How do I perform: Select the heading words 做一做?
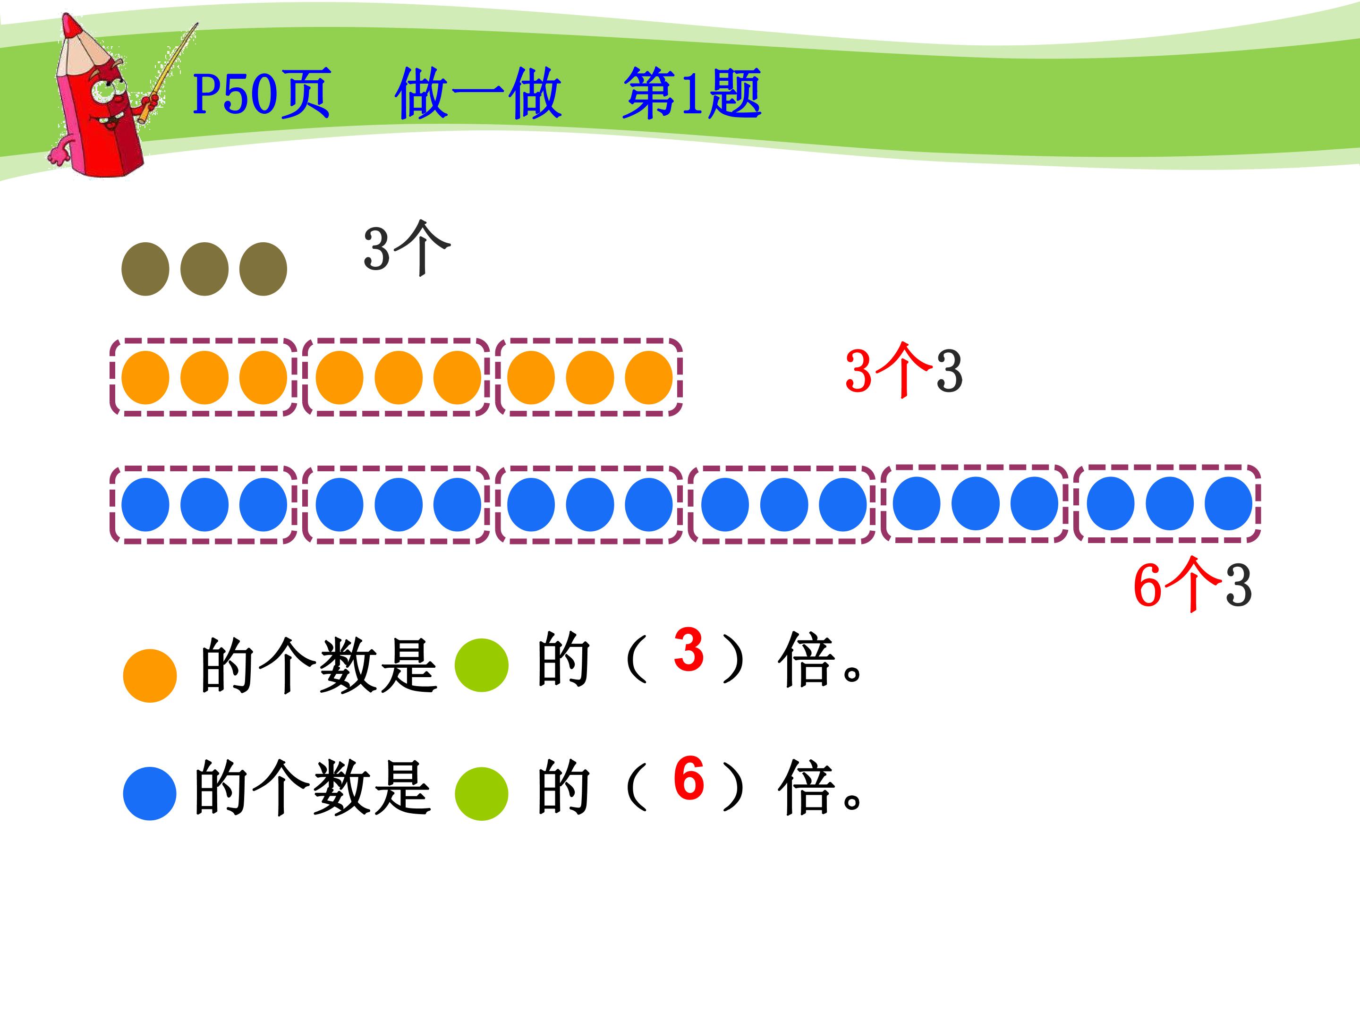478,93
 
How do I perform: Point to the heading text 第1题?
692,93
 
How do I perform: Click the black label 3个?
407,248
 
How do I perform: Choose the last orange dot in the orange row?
649,377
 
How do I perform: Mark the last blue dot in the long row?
1228,503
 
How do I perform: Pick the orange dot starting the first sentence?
150,675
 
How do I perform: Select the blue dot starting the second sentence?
150,793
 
